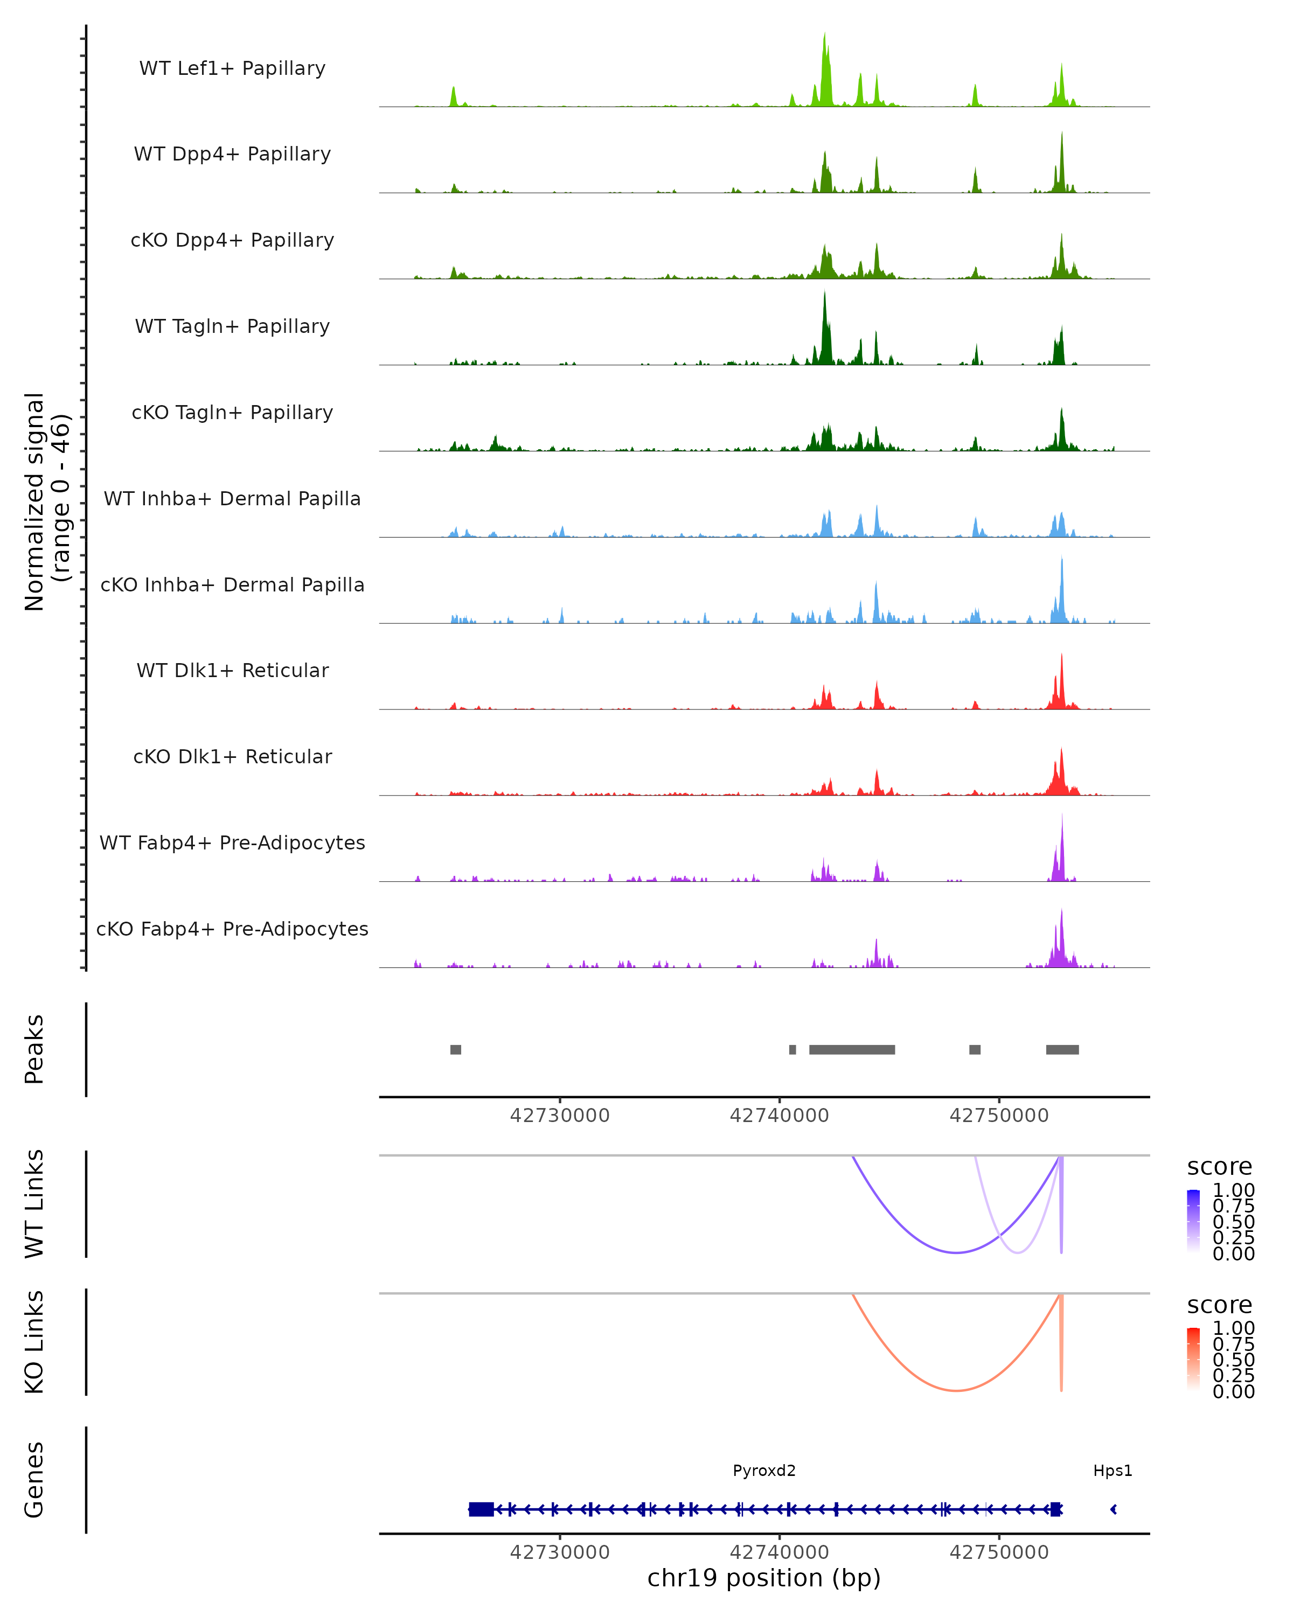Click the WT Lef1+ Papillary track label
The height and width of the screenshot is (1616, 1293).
tap(232, 68)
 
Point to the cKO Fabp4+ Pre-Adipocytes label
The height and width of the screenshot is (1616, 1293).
tap(232, 929)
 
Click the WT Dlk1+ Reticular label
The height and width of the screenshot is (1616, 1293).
tap(232, 670)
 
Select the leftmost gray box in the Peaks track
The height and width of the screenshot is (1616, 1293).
tap(456, 1049)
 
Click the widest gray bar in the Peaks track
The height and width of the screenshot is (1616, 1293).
tap(852, 1049)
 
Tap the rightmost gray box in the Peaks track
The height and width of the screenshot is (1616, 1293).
tap(1062, 1049)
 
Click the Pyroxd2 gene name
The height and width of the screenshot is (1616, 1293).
tap(764, 1471)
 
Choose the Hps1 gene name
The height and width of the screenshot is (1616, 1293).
tap(1113, 1471)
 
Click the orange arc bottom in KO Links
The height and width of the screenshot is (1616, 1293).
tap(956, 1390)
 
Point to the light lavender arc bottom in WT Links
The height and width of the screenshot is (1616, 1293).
tap(1017, 1252)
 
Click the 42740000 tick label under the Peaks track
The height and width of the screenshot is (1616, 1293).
tap(780, 1116)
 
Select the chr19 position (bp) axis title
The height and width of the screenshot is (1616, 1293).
tap(764, 1578)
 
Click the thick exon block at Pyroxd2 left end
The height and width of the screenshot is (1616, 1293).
tap(481, 1509)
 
